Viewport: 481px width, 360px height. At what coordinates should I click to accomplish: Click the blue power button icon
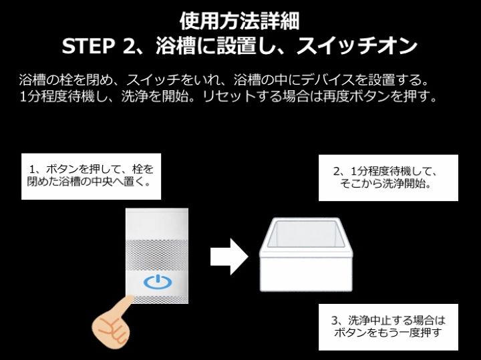pos(158,282)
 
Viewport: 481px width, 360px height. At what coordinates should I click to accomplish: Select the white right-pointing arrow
pos(229,257)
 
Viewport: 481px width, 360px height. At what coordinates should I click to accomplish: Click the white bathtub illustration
pos(306,254)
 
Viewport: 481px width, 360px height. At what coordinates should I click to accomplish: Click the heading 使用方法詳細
pos(240,21)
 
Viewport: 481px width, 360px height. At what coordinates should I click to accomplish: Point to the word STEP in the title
pos(88,46)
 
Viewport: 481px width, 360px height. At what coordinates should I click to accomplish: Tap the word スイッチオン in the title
pos(357,46)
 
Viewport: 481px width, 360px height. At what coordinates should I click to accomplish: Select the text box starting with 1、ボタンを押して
pos(91,176)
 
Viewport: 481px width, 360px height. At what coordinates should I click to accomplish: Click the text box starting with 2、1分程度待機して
pos(388,178)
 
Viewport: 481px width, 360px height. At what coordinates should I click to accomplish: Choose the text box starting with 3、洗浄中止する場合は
pos(388,327)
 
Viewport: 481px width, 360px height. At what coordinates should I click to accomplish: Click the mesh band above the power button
pos(157,255)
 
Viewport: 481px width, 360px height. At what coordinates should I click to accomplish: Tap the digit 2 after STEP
pos(128,46)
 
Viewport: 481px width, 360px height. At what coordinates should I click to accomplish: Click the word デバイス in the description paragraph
pos(327,80)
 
